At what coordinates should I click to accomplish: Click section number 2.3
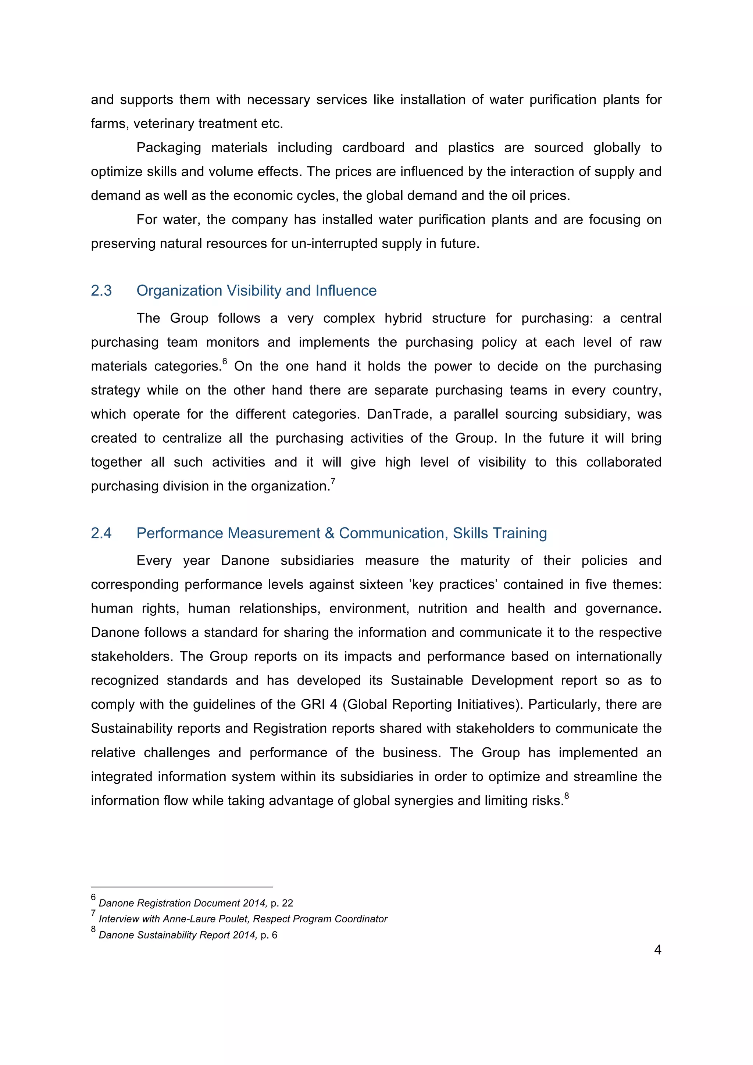pos(101,291)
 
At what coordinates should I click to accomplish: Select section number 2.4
pos(101,533)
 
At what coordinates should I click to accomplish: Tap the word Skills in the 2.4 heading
pos(470,533)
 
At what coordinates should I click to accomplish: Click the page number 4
pos(657,950)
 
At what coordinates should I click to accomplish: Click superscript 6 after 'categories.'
pos(225,361)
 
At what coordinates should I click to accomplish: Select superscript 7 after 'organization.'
pos(333,481)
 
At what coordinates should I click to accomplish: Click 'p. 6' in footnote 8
pos(269,934)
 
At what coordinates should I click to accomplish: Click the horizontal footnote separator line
pos(182,887)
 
